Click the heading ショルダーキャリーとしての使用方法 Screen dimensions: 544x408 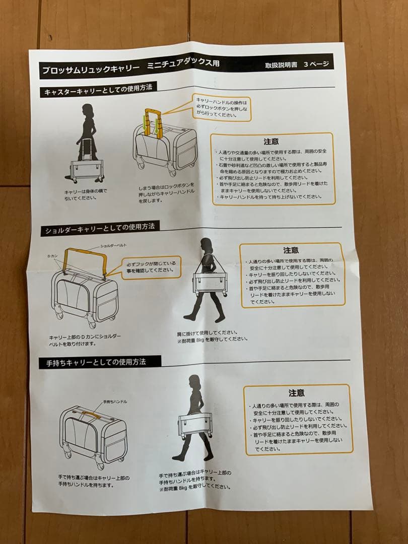pyautogui.click(x=99, y=229)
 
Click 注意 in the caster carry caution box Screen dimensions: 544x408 pyautogui.click(x=271, y=142)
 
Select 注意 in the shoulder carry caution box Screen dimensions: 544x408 pyautogui.click(x=290, y=250)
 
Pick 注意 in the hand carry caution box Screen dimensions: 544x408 pyautogui.click(x=296, y=393)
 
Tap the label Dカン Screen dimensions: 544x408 pyautogui.click(x=52, y=256)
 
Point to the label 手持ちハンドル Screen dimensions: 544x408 pyautogui.click(x=114, y=402)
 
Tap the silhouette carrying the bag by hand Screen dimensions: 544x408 pyautogui.click(x=193, y=418)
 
